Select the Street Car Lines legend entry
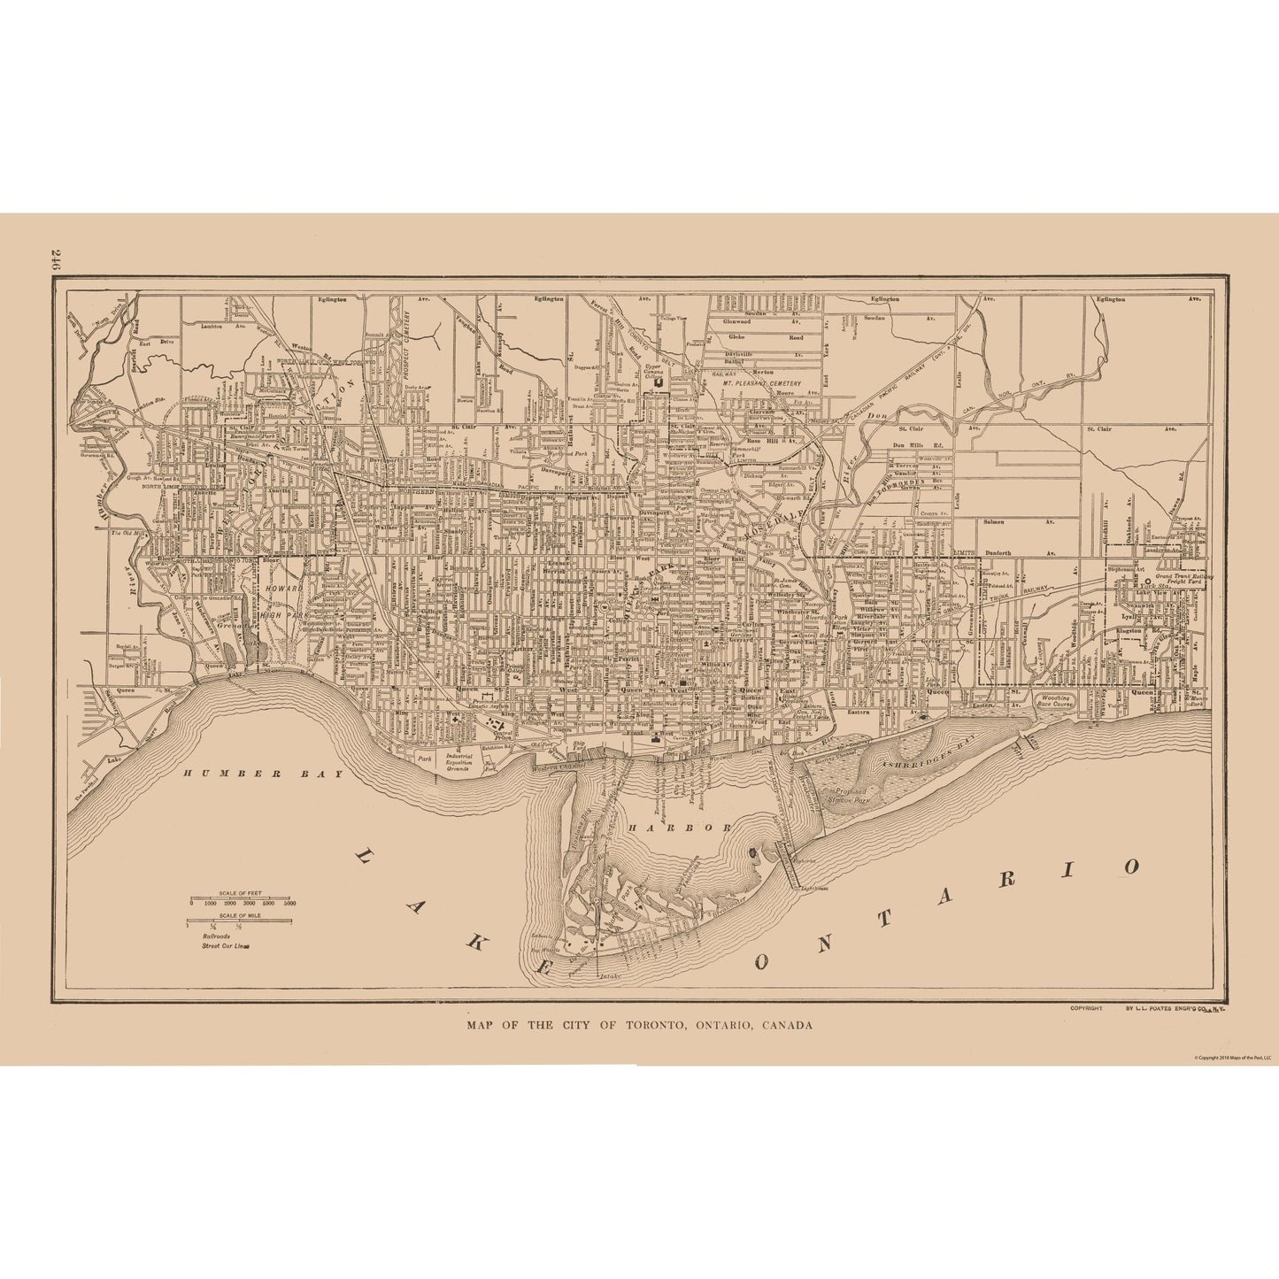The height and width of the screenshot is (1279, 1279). [226, 945]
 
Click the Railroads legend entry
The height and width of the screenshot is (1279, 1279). [215, 935]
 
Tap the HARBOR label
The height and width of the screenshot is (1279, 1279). [679, 827]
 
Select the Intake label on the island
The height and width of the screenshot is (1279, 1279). [609, 977]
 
